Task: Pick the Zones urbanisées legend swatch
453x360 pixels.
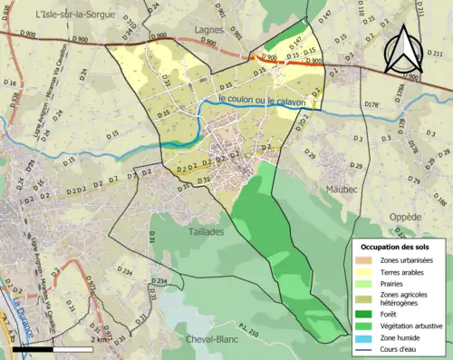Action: tap(365, 261)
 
